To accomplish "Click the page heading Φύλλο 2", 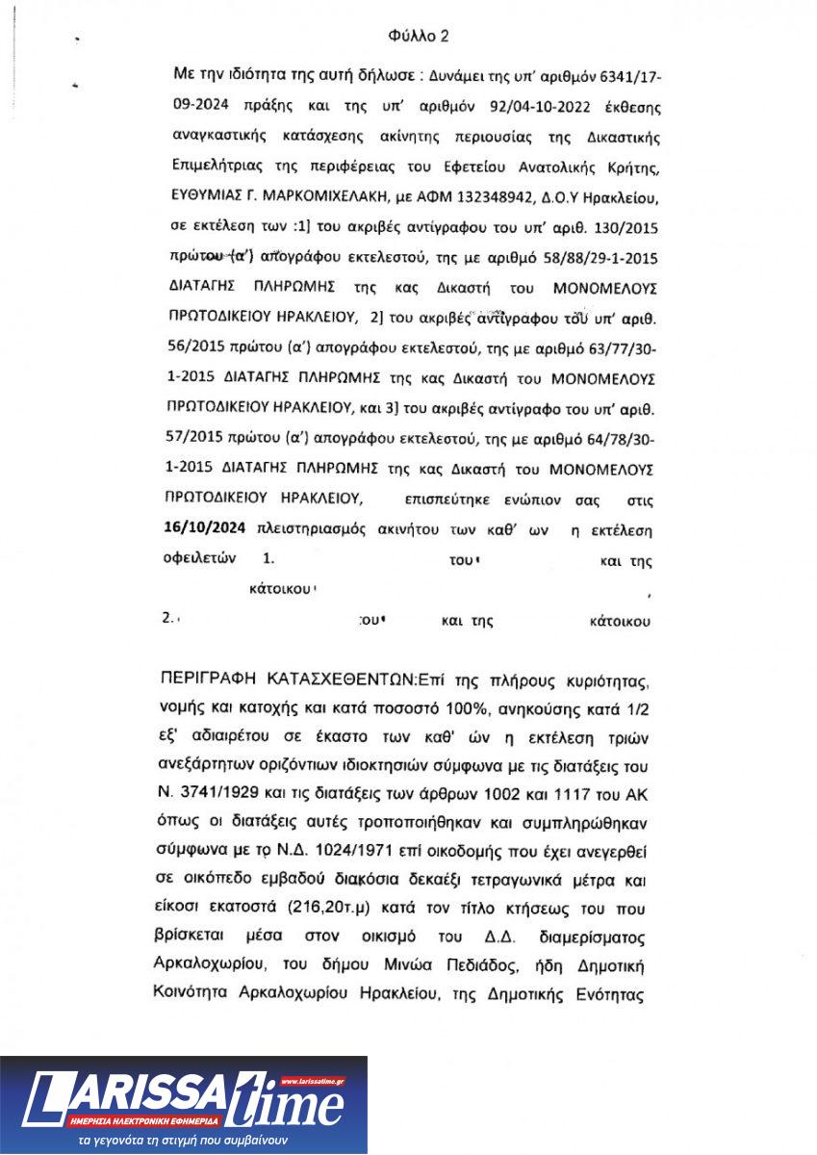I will click(419, 37).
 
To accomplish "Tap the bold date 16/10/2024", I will click(204, 528).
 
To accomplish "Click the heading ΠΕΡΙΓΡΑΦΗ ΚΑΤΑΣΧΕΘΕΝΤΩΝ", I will click(289, 681).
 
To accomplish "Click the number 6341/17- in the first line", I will click(615, 73).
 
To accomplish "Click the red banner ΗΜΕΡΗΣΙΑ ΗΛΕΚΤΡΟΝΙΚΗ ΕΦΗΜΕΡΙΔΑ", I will click(145, 1122).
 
